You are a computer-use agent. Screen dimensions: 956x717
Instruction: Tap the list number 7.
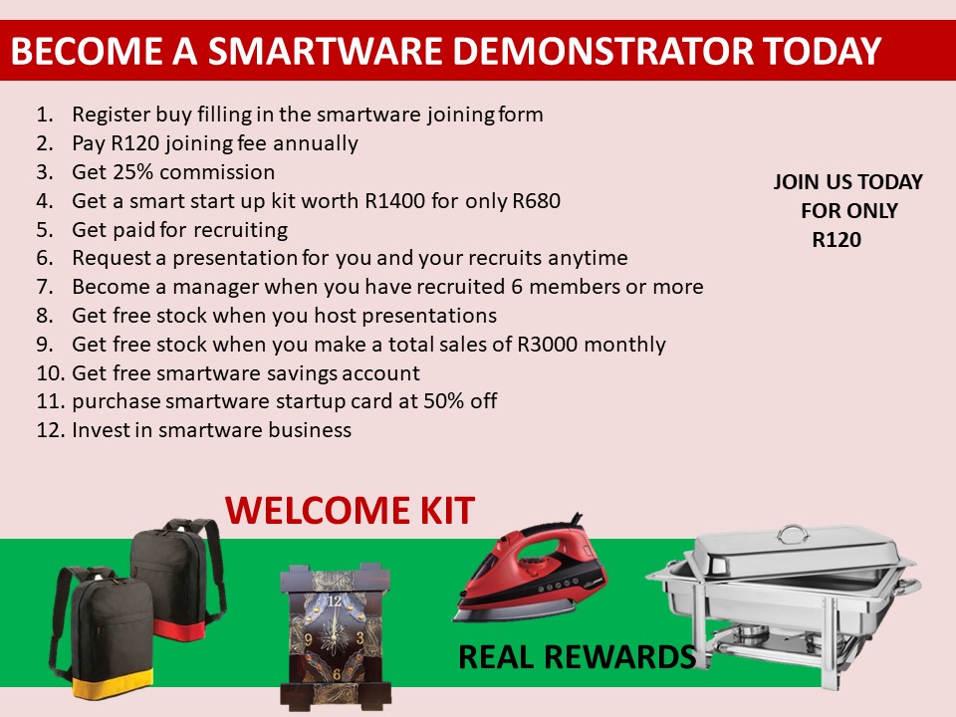pyautogui.click(x=44, y=287)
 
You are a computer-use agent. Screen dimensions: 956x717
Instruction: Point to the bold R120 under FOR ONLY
pyautogui.click(x=836, y=240)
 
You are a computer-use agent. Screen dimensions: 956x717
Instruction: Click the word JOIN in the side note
pyautogui.click(x=797, y=181)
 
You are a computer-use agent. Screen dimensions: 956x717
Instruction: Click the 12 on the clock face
pyautogui.click(x=335, y=601)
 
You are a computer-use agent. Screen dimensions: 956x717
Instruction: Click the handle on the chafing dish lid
pyautogui.click(x=793, y=534)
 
